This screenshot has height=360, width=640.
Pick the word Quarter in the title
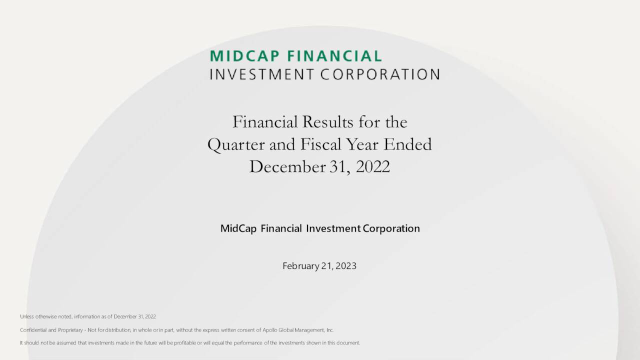pos(236,144)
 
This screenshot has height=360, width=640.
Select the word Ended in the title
pos(407,144)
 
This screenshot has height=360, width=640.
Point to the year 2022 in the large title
pos(372,166)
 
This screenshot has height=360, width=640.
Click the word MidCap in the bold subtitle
pos(238,228)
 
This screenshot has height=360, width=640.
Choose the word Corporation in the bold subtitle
pos(391,228)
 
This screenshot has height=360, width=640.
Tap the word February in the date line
pos(300,266)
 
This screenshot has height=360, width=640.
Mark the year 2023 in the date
pos(346,266)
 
